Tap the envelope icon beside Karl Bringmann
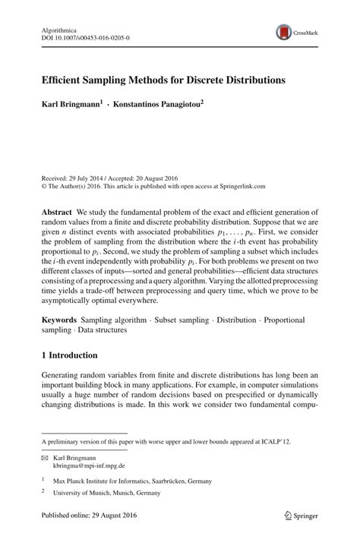(x=46, y=459)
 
